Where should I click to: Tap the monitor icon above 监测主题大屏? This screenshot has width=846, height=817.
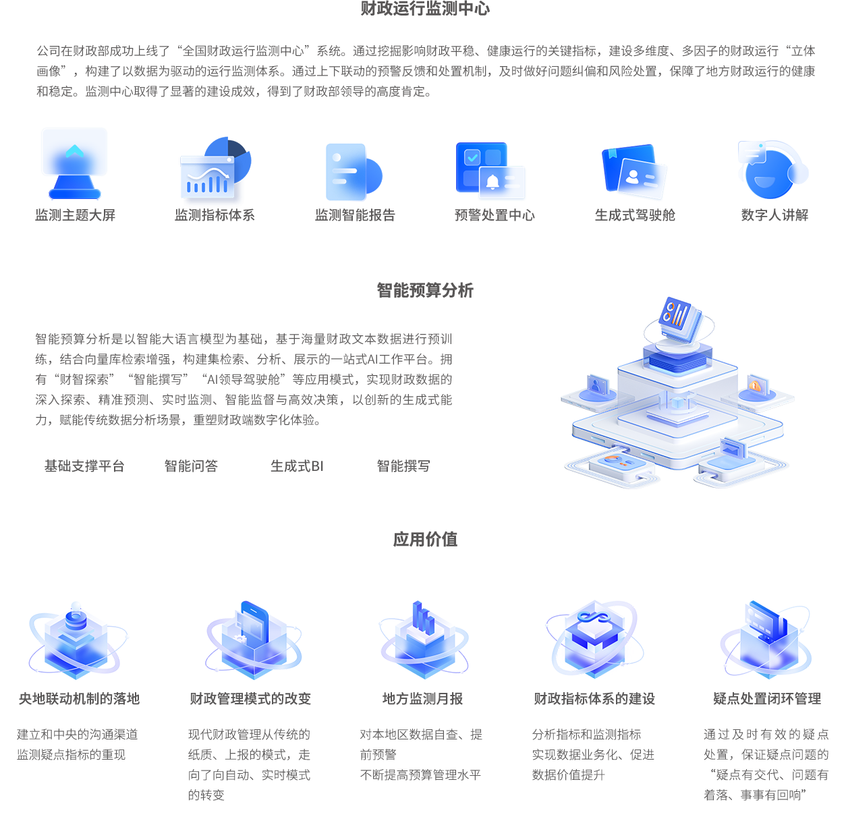pos(74,163)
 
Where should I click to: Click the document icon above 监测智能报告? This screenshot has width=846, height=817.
pos(352,171)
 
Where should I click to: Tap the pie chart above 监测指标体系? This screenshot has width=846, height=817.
pos(228,159)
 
